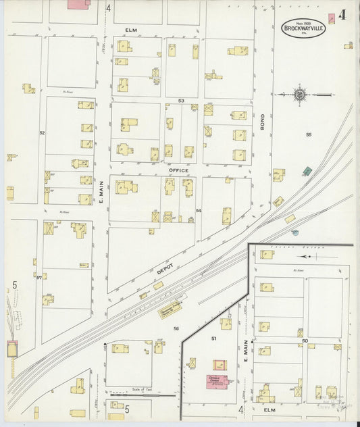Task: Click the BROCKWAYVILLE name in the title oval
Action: pyautogui.click(x=303, y=28)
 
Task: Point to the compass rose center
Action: pyautogui.click(x=299, y=95)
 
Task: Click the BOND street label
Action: pyautogui.click(x=263, y=122)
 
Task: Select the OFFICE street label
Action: pyautogui.click(x=178, y=171)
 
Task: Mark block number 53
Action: pyautogui.click(x=181, y=101)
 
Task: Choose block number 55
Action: pyautogui.click(x=309, y=135)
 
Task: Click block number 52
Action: pyautogui.click(x=42, y=133)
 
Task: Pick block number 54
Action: pyautogui.click(x=199, y=211)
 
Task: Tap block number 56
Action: pyautogui.click(x=176, y=328)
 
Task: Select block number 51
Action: pyautogui.click(x=213, y=338)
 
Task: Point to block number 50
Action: pyautogui.click(x=305, y=342)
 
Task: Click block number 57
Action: pyautogui.click(x=39, y=277)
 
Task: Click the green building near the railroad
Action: pyautogui.click(x=307, y=171)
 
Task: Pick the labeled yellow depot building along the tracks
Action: pyautogui.click(x=170, y=309)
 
